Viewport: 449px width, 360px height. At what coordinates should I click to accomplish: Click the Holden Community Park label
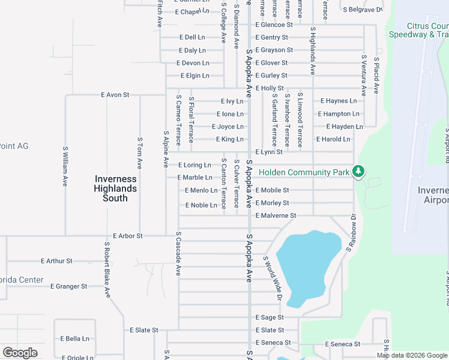tap(304, 173)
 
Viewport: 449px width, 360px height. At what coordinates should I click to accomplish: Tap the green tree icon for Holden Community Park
tap(358, 172)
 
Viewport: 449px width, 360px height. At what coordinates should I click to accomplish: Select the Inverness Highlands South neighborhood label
tap(115, 188)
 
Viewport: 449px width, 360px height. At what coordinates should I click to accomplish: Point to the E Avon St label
tap(115, 95)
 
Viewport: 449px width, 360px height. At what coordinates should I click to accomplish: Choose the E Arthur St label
tap(56, 261)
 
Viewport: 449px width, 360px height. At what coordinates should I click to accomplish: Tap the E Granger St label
tap(69, 287)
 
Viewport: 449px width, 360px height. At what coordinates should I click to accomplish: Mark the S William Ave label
tap(65, 166)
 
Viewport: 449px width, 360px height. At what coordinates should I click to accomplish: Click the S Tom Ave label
tap(139, 152)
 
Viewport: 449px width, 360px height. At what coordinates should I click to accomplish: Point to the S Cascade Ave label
tap(178, 254)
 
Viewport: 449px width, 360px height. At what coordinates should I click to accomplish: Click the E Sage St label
tap(269, 317)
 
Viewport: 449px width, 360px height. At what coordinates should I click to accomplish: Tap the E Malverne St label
tap(276, 215)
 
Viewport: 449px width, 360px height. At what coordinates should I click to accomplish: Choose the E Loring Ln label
tap(194, 165)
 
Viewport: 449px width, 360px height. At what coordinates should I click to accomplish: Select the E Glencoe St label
tap(274, 25)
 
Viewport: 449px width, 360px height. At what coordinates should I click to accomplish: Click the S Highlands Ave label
tap(313, 50)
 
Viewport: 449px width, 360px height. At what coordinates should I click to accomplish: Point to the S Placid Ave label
tap(376, 76)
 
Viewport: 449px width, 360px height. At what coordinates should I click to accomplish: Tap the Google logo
tap(20, 353)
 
